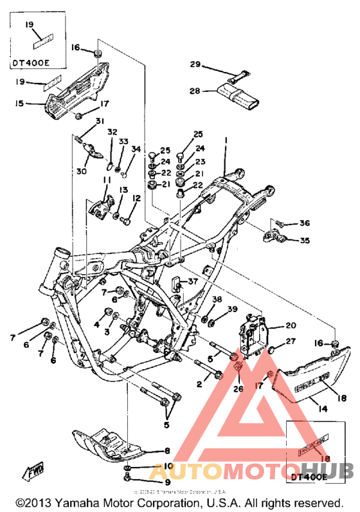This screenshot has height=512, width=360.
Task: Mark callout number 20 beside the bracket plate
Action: (291, 325)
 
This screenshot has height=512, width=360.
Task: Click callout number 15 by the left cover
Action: (19, 102)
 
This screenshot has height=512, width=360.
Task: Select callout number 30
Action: (81, 172)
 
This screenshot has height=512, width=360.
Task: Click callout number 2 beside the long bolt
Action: (199, 385)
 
